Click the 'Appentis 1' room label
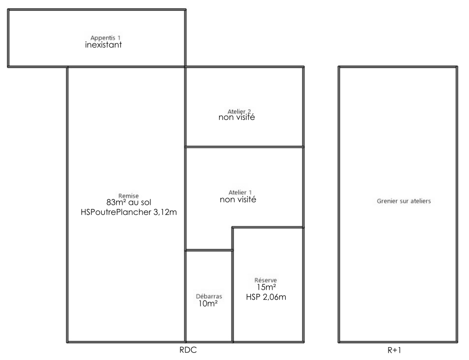105,38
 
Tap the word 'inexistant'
103,45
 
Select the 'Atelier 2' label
239,111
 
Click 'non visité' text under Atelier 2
237,117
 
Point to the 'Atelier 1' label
240,192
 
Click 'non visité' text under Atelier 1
238,199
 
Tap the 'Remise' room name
128,196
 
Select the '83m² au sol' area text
129,202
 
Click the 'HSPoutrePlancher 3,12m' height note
129,212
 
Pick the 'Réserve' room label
266,280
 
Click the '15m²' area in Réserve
266,287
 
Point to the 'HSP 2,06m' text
266,297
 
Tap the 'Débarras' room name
209,297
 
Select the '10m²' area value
208,304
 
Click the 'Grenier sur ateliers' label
404,201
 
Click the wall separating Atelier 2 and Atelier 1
244,147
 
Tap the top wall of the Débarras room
209,250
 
